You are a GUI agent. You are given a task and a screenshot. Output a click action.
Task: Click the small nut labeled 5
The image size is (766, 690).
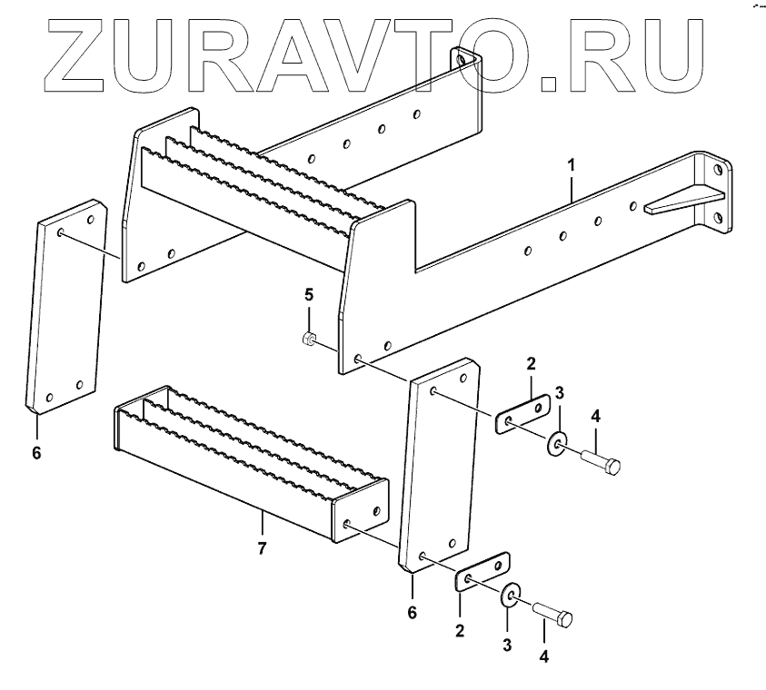click(x=308, y=340)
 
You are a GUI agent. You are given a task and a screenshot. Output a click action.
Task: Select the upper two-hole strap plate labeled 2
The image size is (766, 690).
click(x=522, y=413)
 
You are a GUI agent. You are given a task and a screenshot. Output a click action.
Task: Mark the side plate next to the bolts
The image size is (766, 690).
click(x=441, y=468)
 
